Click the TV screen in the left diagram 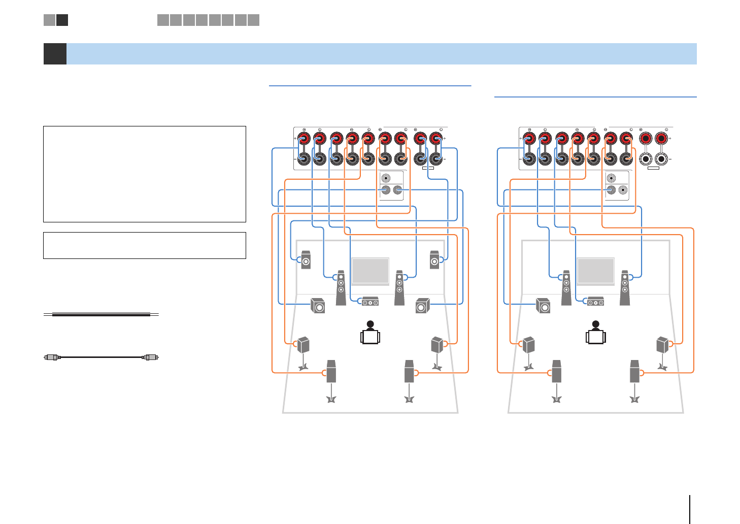(x=371, y=271)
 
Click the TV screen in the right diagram (x=596, y=271)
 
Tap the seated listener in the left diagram (x=371, y=333)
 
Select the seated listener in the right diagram (x=596, y=333)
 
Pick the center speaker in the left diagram (x=370, y=302)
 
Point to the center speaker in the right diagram (x=595, y=302)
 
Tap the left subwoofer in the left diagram (x=318, y=306)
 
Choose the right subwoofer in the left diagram (x=422, y=306)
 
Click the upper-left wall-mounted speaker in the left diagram (x=306, y=260)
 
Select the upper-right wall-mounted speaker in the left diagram (x=434, y=260)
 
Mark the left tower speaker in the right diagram (x=566, y=287)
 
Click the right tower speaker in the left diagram (x=400, y=287)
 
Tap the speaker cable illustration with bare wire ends (x=101, y=315)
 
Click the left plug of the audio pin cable (x=52, y=357)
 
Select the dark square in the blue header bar (x=55, y=54)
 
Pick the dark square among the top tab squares (x=62, y=20)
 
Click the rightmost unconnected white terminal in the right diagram (x=661, y=158)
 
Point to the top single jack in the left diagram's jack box (x=386, y=179)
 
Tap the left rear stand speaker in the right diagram (x=528, y=345)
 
